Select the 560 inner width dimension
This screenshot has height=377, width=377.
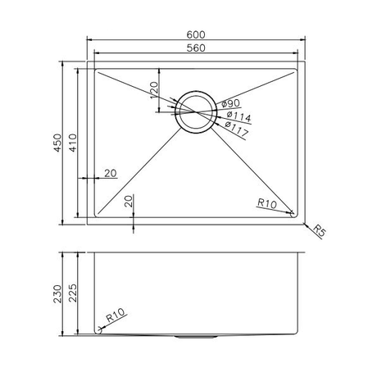coord(195,47)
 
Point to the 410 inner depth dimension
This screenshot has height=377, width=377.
coord(73,144)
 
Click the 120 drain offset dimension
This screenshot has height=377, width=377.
coord(153,89)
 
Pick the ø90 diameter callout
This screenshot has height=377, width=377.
coord(230,104)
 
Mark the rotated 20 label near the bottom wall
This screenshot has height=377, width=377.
coord(128,202)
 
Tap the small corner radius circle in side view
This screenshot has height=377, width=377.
coord(100,330)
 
